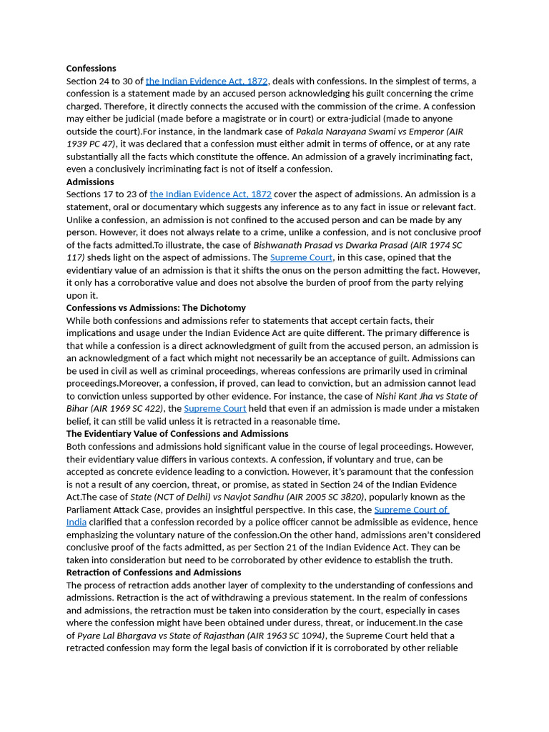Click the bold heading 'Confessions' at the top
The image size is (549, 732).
point(91,69)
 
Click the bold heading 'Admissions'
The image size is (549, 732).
point(90,182)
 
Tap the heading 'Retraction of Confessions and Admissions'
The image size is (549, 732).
point(154,573)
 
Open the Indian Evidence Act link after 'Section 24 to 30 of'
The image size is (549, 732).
point(207,81)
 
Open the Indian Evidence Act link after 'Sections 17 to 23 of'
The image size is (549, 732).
point(210,194)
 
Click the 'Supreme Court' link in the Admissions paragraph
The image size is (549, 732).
point(301,257)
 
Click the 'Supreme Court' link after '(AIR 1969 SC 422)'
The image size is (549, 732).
point(215,409)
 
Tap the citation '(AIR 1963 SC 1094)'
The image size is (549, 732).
point(286,635)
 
